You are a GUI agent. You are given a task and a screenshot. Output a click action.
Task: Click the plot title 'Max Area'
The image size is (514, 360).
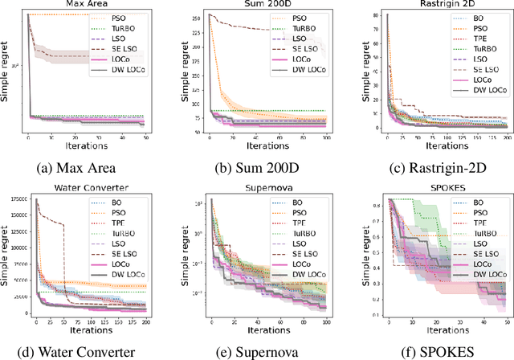click(86, 6)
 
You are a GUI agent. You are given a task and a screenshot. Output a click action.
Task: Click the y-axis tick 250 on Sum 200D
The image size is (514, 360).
click(196, 17)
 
